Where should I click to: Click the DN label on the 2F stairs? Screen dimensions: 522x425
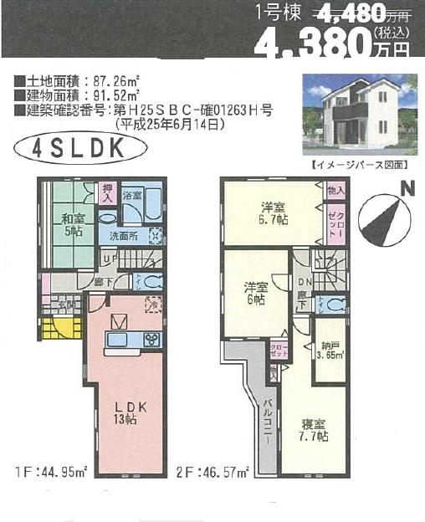pyautogui.click(x=303, y=283)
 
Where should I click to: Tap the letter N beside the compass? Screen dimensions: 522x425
pyautogui.click(x=407, y=188)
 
